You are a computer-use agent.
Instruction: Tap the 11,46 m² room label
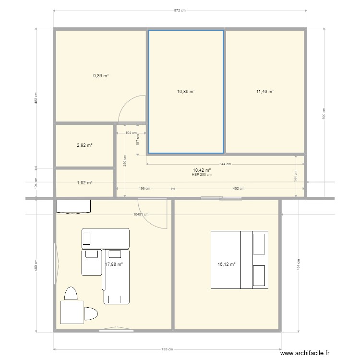pyautogui.click(x=265, y=91)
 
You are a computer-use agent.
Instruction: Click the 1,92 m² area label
pyautogui.click(x=84, y=182)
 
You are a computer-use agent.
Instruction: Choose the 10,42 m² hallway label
pyautogui.click(x=202, y=170)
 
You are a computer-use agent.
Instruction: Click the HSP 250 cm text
pyautogui.click(x=202, y=174)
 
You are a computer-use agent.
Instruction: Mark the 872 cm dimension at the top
pyautogui.click(x=180, y=11)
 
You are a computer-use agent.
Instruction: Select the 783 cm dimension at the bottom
pyautogui.click(x=167, y=349)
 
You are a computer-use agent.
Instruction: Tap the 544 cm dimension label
pyautogui.click(x=225, y=164)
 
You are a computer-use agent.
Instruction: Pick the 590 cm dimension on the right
pyautogui.click(x=324, y=113)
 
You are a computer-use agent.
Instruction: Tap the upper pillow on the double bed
pyautogui.click(x=260, y=243)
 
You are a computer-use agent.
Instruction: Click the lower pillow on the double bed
pyautogui.click(x=260, y=275)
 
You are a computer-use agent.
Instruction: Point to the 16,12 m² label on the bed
pyautogui.click(x=227, y=264)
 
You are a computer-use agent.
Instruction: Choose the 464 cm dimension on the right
pyautogui.click(x=298, y=264)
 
